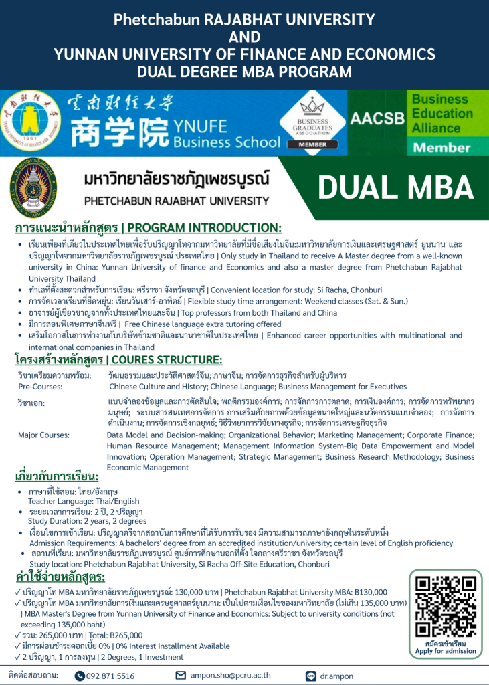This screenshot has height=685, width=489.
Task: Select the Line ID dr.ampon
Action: [x=338, y=676]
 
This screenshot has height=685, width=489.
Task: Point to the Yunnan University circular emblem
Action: [x=30, y=122]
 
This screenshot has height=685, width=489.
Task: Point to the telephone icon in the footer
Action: [x=80, y=676]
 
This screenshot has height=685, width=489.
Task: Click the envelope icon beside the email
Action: [x=180, y=676]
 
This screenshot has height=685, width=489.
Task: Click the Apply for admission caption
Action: [x=446, y=651]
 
